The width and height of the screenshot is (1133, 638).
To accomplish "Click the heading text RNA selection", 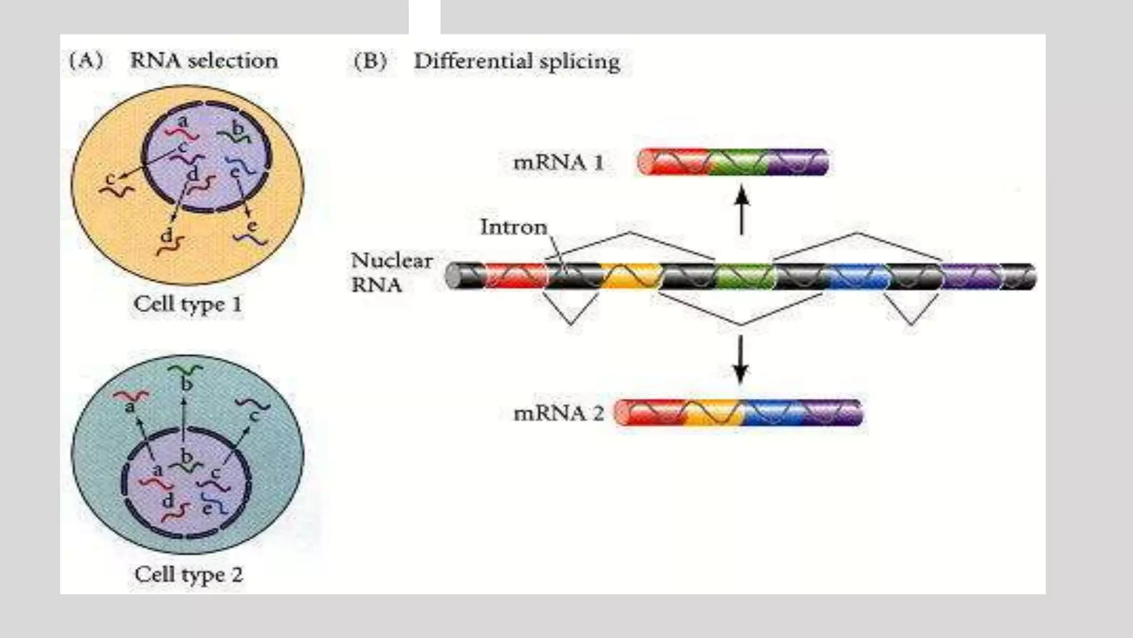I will tap(204, 60).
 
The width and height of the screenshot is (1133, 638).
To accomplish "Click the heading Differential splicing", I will tap(517, 61).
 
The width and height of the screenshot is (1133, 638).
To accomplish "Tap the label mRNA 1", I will tap(558, 163).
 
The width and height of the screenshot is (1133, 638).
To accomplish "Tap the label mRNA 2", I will tap(558, 413).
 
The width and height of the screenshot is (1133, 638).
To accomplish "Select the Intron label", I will tap(513, 227).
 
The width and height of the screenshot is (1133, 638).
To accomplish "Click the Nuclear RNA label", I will tap(392, 272).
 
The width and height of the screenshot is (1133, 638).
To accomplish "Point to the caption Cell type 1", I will tap(188, 304).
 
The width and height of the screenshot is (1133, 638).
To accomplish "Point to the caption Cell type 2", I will tap(189, 574).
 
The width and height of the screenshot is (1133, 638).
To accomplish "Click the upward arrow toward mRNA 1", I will tap(742, 210).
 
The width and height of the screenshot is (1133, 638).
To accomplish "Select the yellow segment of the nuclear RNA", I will tap(631, 276).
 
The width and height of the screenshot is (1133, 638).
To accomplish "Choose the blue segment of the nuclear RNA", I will tap(859, 276).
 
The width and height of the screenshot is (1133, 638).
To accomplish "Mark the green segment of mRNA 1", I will tap(739, 162).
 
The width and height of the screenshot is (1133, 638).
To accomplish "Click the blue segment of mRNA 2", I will tap(772, 413).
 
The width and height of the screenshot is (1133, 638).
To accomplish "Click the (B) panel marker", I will tap(370, 61).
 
